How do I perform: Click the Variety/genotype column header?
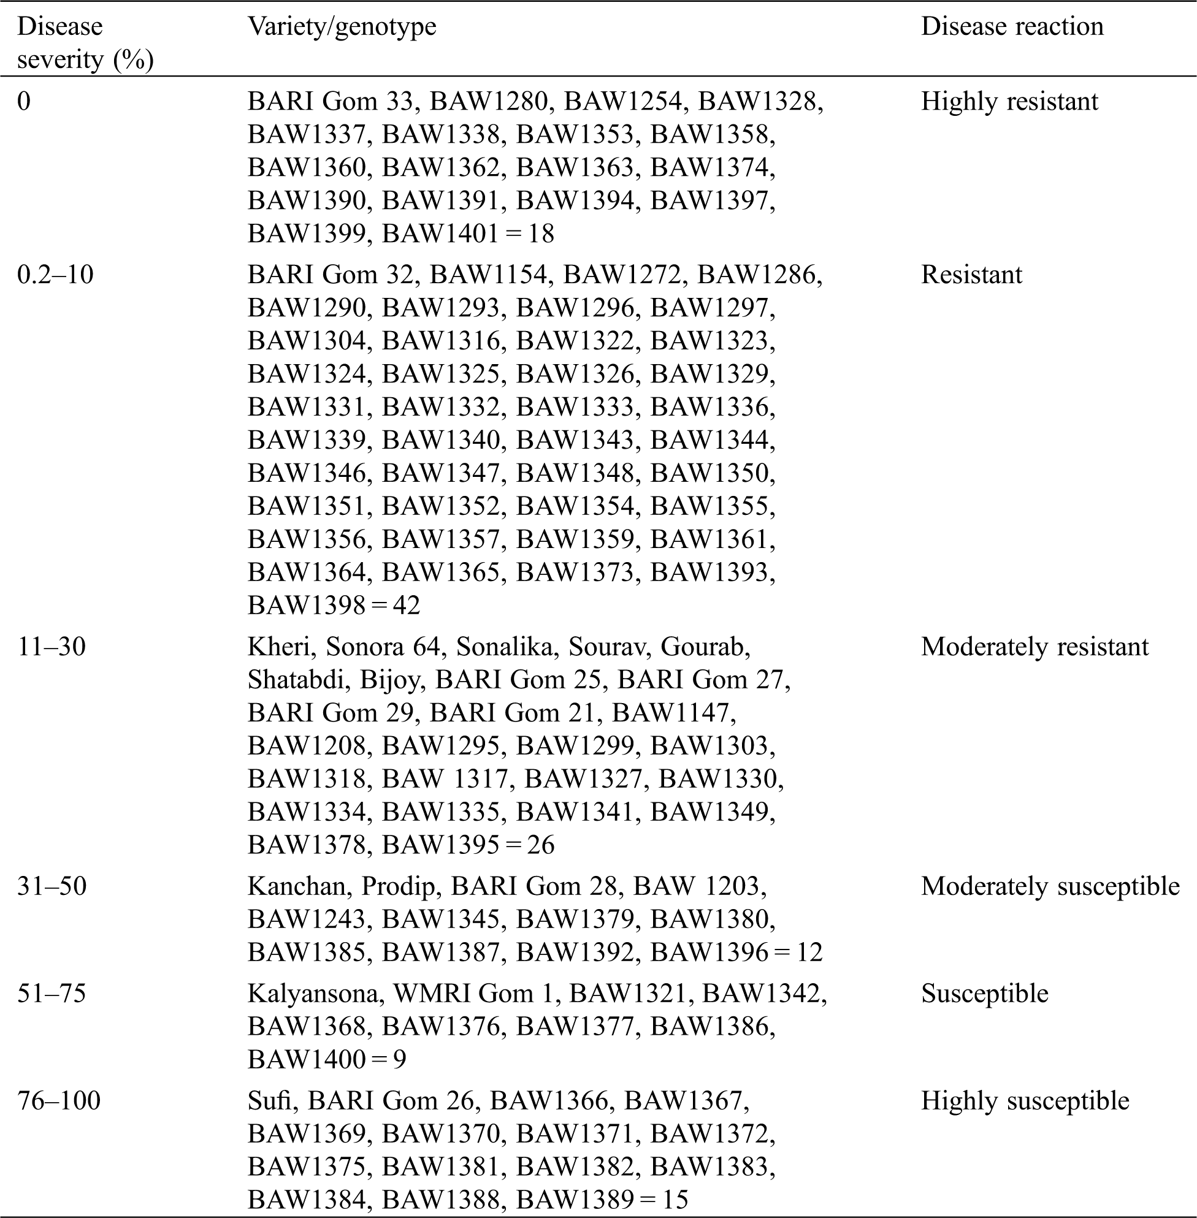[342, 27]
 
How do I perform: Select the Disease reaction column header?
[1012, 27]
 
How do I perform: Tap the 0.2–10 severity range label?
[55, 275]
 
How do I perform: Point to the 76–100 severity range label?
[58, 1100]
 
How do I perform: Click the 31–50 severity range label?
[52, 886]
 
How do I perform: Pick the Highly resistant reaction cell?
[1009, 102]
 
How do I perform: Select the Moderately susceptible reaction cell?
[1050, 886]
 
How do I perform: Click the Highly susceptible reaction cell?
[1025, 1100]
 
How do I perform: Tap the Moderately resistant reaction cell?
[1034, 647]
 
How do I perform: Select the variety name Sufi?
[269, 1100]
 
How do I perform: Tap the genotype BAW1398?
[306, 605]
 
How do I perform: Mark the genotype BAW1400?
[306, 1060]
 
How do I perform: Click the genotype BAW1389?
[575, 1199]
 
